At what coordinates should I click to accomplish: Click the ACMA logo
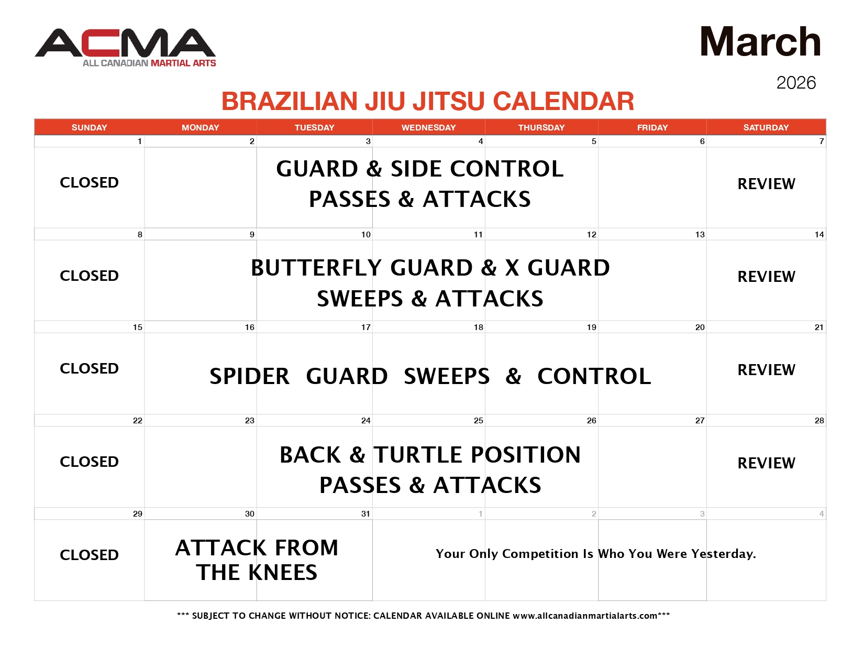pyautogui.click(x=126, y=47)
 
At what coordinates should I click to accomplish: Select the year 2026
pyautogui.click(x=796, y=83)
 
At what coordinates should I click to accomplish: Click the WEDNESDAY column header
pyautogui.click(x=428, y=127)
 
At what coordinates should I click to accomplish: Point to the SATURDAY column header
pyautogui.click(x=766, y=127)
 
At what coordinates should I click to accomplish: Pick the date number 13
pyautogui.click(x=700, y=235)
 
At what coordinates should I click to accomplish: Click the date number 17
pyautogui.click(x=365, y=327)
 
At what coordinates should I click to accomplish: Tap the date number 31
pyautogui.click(x=365, y=514)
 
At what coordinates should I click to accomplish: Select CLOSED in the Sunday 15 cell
pyautogui.click(x=89, y=369)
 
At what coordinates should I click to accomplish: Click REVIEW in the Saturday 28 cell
pyautogui.click(x=766, y=463)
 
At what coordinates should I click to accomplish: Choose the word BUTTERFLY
pyautogui.click(x=317, y=268)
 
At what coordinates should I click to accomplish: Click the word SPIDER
pyautogui.click(x=249, y=377)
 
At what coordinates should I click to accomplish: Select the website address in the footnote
pyautogui.click(x=585, y=616)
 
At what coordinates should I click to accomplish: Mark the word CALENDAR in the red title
pyautogui.click(x=563, y=102)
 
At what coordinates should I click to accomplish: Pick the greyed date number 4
pyautogui.click(x=821, y=514)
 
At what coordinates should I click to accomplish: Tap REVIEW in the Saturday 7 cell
pyautogui.click(x=766, y=184)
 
